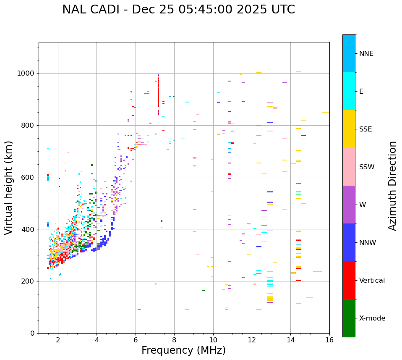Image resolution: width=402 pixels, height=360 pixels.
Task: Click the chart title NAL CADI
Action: point(178,10)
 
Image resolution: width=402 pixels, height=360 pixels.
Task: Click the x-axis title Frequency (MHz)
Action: point(183,350)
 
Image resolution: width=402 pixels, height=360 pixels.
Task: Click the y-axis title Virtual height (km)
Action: point(9,188)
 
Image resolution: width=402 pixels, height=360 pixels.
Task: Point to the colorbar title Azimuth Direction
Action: point(392,185)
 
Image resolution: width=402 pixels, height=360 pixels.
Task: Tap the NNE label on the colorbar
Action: point(366,54)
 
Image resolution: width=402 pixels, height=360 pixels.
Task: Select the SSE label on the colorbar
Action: point(365,129)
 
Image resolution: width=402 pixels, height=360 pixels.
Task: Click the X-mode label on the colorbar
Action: point(372,318)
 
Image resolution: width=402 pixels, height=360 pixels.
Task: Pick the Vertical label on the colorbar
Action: point(372,281)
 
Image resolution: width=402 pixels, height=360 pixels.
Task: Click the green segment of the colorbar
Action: point(349,318)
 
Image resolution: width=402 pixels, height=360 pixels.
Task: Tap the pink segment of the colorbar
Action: point(349,167)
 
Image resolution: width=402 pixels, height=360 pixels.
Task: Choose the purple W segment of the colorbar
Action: point(349,205)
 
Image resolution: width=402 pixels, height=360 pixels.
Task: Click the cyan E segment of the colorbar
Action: point(349,91)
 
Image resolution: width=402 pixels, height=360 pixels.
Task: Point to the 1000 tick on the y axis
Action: point(27,74)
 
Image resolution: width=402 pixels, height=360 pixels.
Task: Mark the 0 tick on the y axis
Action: point(33,333)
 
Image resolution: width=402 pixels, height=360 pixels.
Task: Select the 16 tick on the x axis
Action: point(329,340)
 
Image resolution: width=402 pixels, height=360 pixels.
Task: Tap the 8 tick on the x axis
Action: point(174,340)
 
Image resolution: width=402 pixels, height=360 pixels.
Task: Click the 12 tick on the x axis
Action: point(252,340)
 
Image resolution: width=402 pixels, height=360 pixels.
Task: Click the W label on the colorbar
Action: point(363,205)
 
